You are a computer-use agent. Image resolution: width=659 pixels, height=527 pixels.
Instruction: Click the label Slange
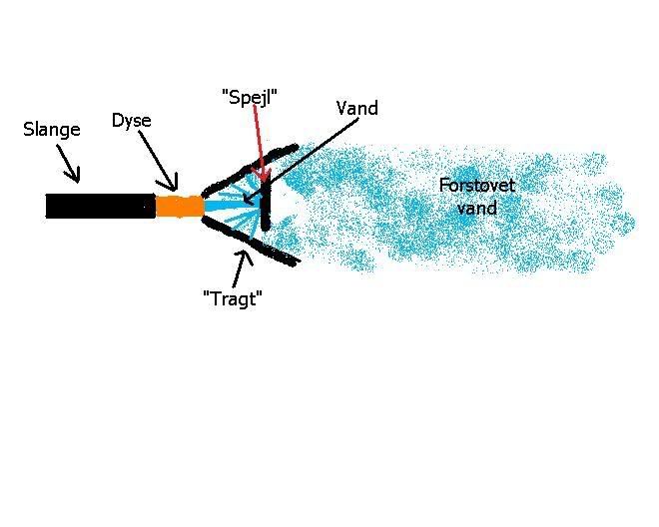(51, 130)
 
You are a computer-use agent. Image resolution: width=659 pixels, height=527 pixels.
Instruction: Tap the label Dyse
(131, 121)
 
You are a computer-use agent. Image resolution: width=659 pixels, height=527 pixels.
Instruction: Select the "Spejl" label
(249, 97)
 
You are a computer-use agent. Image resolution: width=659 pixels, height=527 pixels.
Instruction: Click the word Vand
(356, 108)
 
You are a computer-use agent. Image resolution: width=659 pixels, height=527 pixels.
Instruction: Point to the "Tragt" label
(232, 297)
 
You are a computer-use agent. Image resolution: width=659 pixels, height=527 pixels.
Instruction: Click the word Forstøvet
(476, 186)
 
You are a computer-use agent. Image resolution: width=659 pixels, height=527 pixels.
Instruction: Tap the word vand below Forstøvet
(476, 208)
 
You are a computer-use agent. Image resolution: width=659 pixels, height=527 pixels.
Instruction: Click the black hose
(100, 207)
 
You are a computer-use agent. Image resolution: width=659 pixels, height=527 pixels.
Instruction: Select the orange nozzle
(179, 207)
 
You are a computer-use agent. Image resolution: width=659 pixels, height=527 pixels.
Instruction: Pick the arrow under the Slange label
(67, 163)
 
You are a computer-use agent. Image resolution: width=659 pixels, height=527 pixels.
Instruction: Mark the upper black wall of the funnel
(250, 166)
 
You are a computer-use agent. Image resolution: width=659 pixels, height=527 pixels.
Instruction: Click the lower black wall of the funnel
(250, 242)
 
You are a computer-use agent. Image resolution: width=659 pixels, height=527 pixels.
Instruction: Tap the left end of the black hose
(50, 207)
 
